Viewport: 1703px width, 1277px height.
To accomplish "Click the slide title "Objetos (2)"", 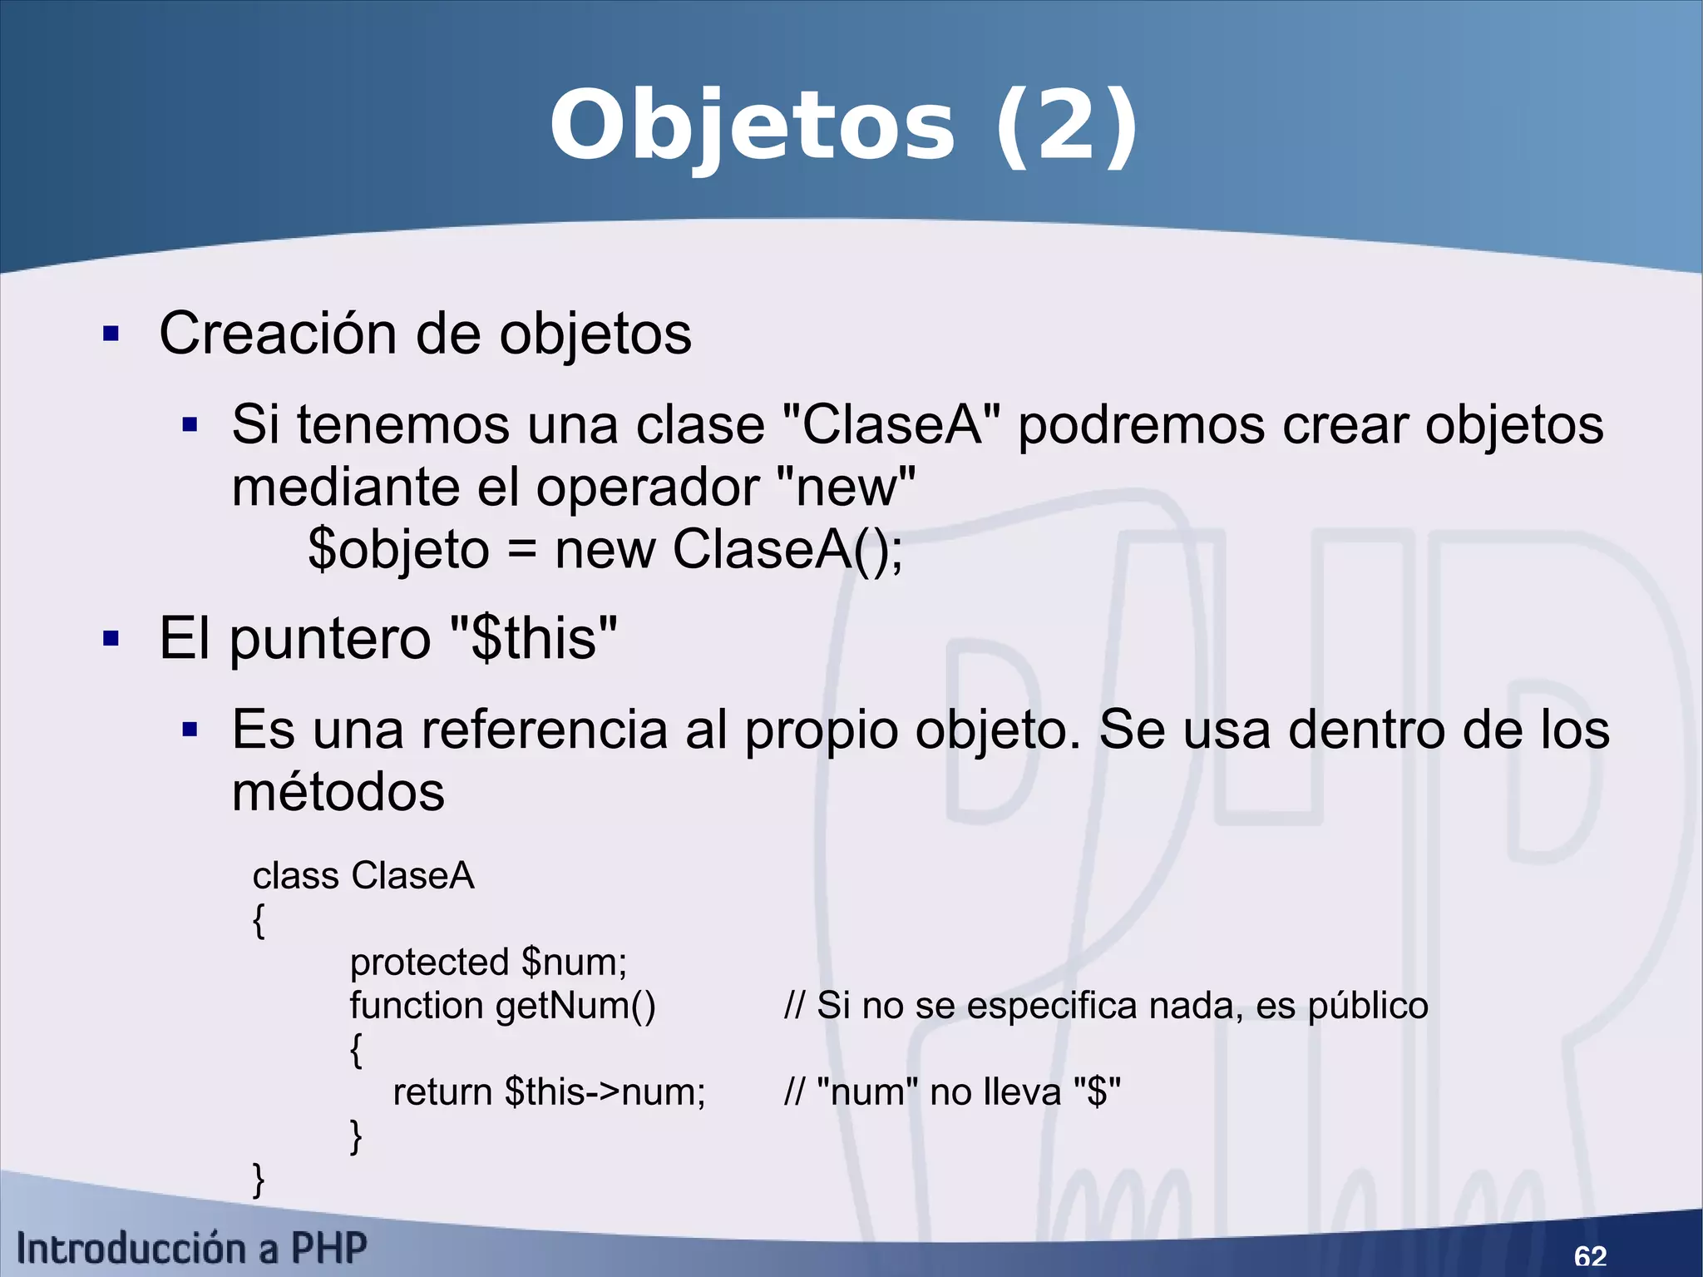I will [843, 126].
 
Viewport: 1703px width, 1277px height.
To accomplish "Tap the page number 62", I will [1590, 1255].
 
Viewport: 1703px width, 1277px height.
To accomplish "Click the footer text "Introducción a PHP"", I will [192, 1249].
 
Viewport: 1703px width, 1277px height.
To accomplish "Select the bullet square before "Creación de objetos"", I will [111, 334].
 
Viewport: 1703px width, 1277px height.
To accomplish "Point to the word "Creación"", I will [278, 334].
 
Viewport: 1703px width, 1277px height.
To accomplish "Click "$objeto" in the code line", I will [398, 550].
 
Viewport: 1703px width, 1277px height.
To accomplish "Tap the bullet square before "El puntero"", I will [111, 639].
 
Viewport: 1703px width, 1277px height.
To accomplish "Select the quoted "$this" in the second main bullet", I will [533, 639].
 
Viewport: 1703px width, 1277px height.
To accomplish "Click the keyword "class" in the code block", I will [295, 876].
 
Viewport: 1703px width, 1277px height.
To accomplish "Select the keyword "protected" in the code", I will [429, 963].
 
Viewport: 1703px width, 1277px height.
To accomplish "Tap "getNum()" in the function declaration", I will [575, 1006].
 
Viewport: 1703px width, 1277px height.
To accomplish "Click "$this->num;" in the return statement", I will [605, 1092].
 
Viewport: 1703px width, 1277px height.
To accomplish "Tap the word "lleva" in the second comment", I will [1022, 1092].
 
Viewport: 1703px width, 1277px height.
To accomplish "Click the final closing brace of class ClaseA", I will [259, 1180].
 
